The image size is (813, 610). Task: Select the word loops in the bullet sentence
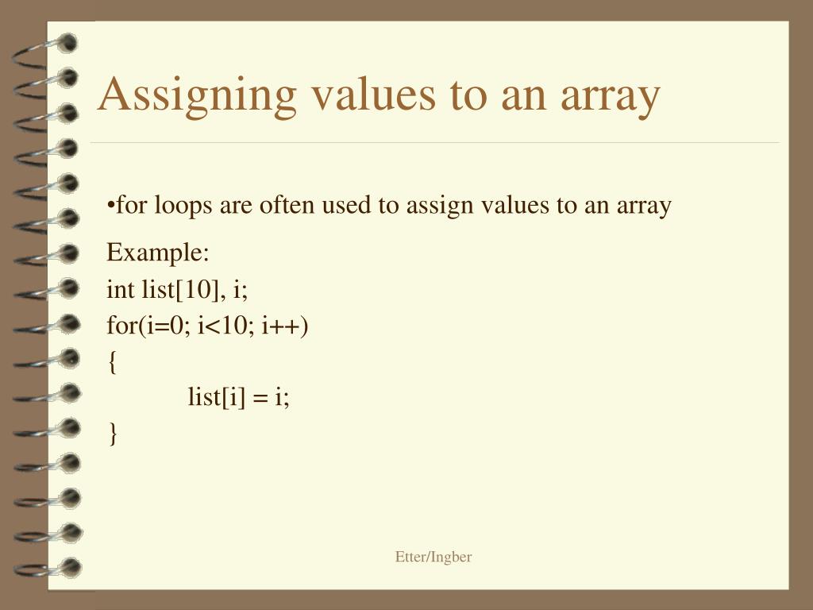(x=183, y=206)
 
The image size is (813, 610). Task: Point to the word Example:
(x=158, y=253)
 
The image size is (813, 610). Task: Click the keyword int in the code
(x=121, y=289)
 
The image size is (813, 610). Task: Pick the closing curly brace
(x=112, y=433)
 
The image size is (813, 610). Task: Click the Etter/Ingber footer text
(x=433, y=557)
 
